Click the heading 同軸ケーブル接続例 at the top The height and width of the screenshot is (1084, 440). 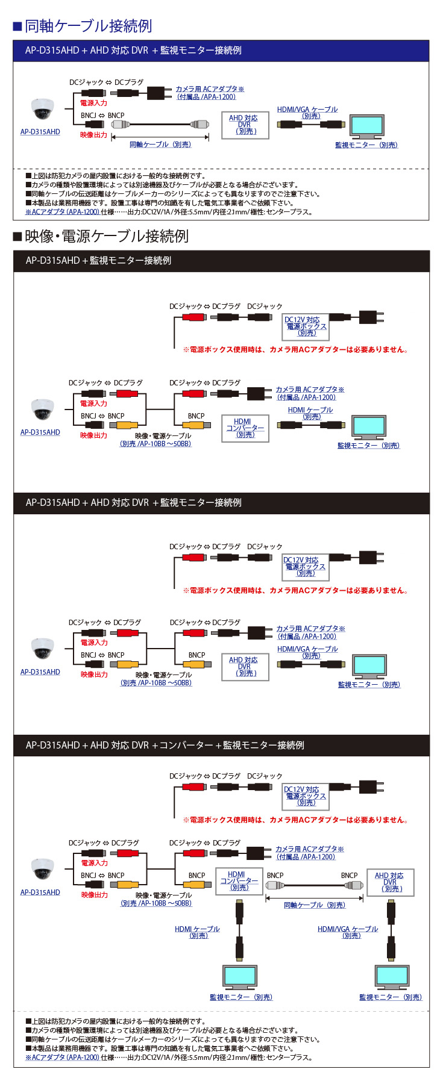88,26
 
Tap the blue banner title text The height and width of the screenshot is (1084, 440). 133,51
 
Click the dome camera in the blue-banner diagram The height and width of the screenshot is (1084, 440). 42,110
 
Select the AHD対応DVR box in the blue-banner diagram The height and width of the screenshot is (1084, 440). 245,125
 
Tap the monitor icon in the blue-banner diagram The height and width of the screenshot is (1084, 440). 366,126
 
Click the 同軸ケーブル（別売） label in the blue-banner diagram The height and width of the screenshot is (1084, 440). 160,145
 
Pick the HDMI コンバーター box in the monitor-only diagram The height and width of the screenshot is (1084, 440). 245,428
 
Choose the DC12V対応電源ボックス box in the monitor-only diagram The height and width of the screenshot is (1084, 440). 306,326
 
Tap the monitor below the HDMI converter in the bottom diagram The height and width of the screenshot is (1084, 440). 240,976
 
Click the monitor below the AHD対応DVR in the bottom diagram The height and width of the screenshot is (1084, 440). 391,976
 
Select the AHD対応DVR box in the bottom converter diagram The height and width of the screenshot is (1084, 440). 390,882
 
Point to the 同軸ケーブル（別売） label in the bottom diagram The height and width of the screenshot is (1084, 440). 314,905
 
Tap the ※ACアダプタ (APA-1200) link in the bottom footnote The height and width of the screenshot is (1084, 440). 62,1057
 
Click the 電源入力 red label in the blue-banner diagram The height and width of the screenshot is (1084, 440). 93,103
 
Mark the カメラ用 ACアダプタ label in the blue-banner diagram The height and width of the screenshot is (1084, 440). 209,89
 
